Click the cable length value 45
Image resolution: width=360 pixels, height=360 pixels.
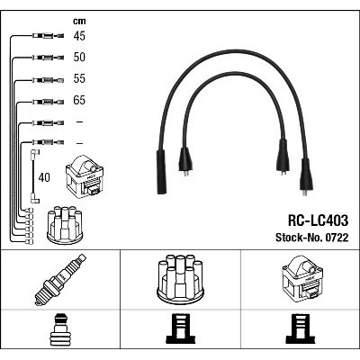click(79, 36)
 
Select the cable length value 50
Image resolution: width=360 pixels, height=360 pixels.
click(79, 57)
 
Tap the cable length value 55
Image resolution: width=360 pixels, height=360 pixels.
click(79, 78)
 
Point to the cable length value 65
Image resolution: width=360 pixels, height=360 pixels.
click(79, 100)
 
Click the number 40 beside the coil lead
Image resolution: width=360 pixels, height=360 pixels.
click(44, 177)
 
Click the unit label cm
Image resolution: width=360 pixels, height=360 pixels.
click(79, 21)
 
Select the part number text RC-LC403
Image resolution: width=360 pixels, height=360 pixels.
click(318, 220)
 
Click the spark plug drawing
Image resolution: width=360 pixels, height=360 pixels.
click(60, 280)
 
